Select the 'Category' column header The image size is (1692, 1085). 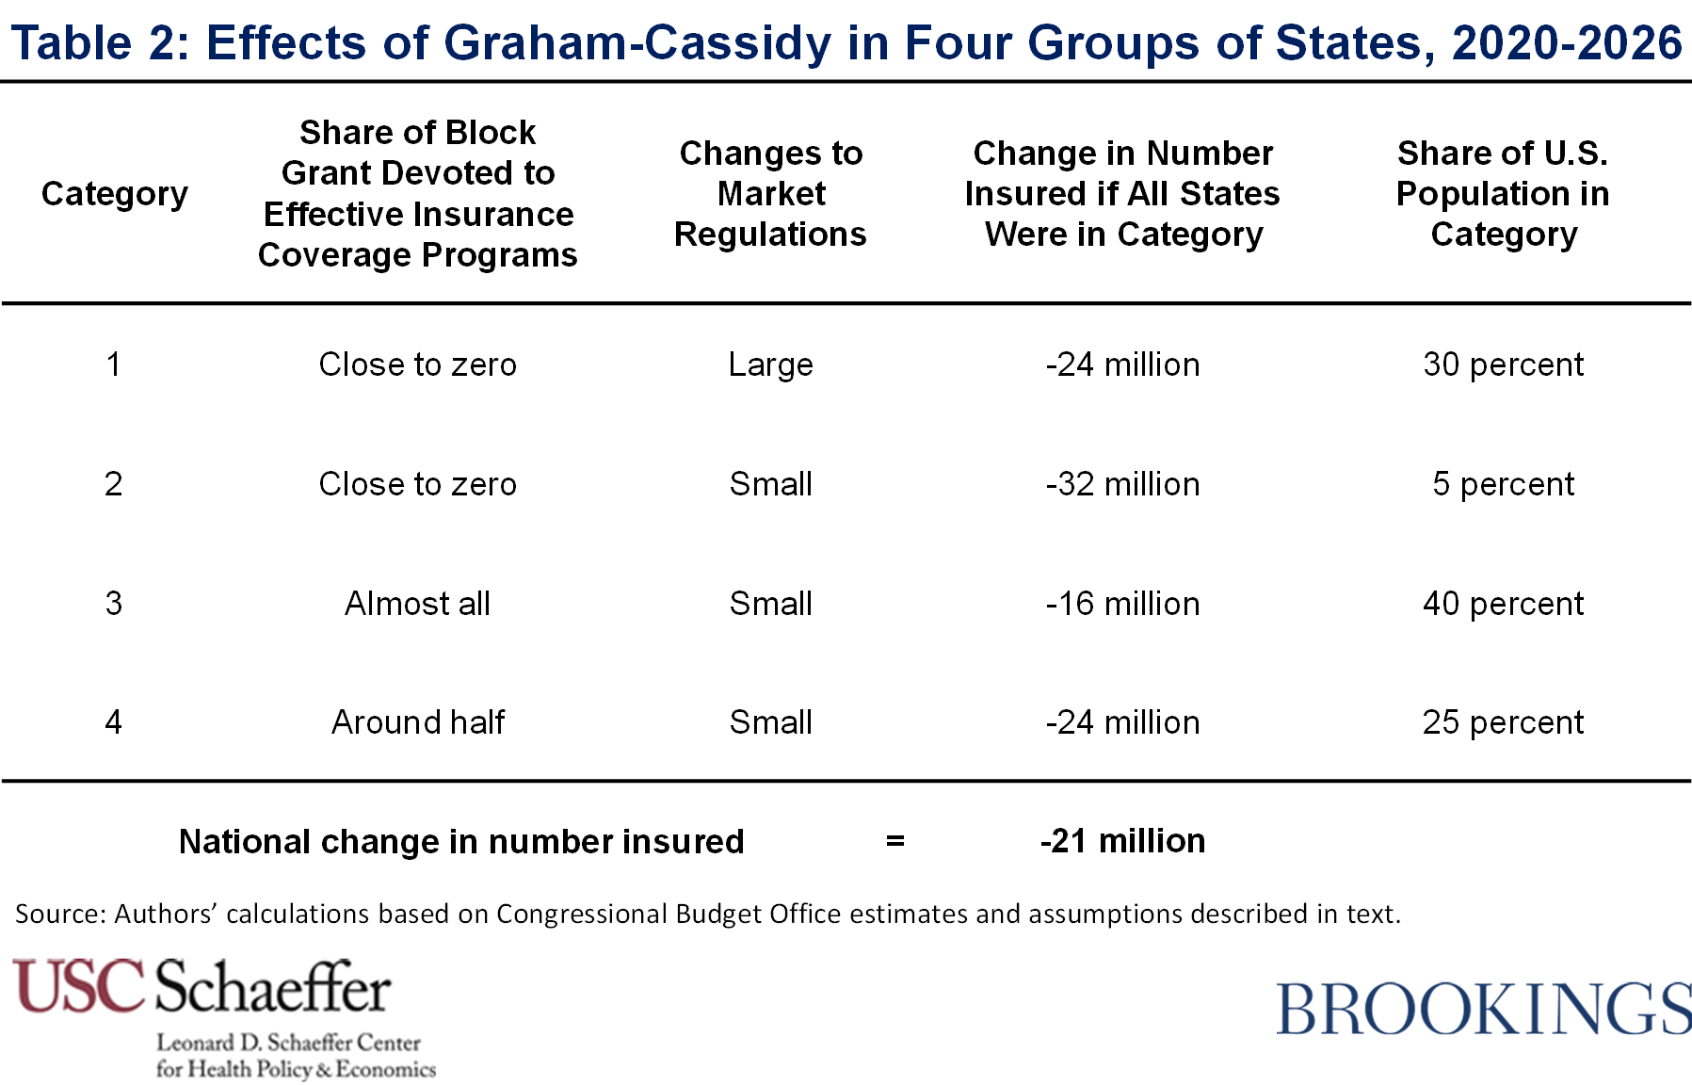pos(115,194)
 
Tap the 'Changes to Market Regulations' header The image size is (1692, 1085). pos(770,193)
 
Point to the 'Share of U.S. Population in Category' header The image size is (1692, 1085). pos(1503,193)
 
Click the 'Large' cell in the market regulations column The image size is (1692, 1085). pos(770,365)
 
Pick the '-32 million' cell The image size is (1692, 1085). pos(1122,484)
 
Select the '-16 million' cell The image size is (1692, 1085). pos(1122,604)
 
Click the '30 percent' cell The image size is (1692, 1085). pos(1503,364)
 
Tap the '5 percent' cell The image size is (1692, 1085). pos(1503,484)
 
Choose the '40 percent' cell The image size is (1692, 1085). pos(1503,604)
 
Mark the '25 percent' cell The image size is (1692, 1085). pos(1503,722)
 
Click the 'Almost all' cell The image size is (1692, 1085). pos(417,604)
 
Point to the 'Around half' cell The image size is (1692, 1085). pos(417,722)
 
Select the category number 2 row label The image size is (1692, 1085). pos(113,484)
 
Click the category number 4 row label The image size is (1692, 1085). pos(113,722)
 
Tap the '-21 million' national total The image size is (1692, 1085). pos(1122,841)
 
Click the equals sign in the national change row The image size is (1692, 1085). pos(894,841)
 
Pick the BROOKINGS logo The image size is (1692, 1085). pos(1484,1008)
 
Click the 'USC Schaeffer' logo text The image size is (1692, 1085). pos(201,986)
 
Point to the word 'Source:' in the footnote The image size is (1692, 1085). pos(60,914)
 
